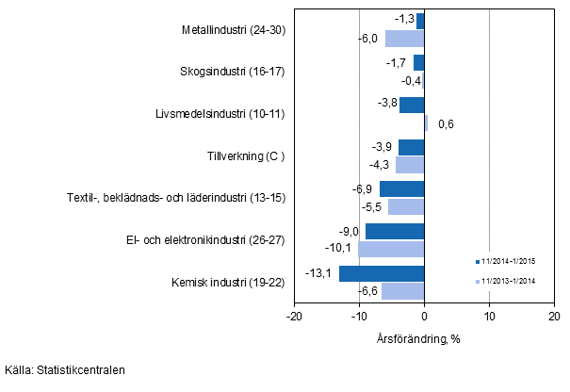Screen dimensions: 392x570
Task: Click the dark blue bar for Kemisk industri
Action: pos(382,274)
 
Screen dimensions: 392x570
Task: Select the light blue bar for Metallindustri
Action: pos(404,39)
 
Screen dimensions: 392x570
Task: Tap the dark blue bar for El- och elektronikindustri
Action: pos(395,232)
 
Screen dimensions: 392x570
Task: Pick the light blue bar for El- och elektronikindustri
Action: pos(391,249)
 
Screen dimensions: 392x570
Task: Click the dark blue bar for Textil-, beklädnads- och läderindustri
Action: pos(401,189)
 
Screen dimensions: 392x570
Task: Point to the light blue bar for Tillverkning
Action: pos(410,165)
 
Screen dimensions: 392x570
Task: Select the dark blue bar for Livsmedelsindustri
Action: pos(412,105)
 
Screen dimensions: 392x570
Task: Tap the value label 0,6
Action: pos(446,123)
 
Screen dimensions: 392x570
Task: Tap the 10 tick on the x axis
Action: pos(489,318)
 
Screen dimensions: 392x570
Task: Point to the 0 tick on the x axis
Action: pos(424,318)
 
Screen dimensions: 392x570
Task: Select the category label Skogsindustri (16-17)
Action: pos(232,71)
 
